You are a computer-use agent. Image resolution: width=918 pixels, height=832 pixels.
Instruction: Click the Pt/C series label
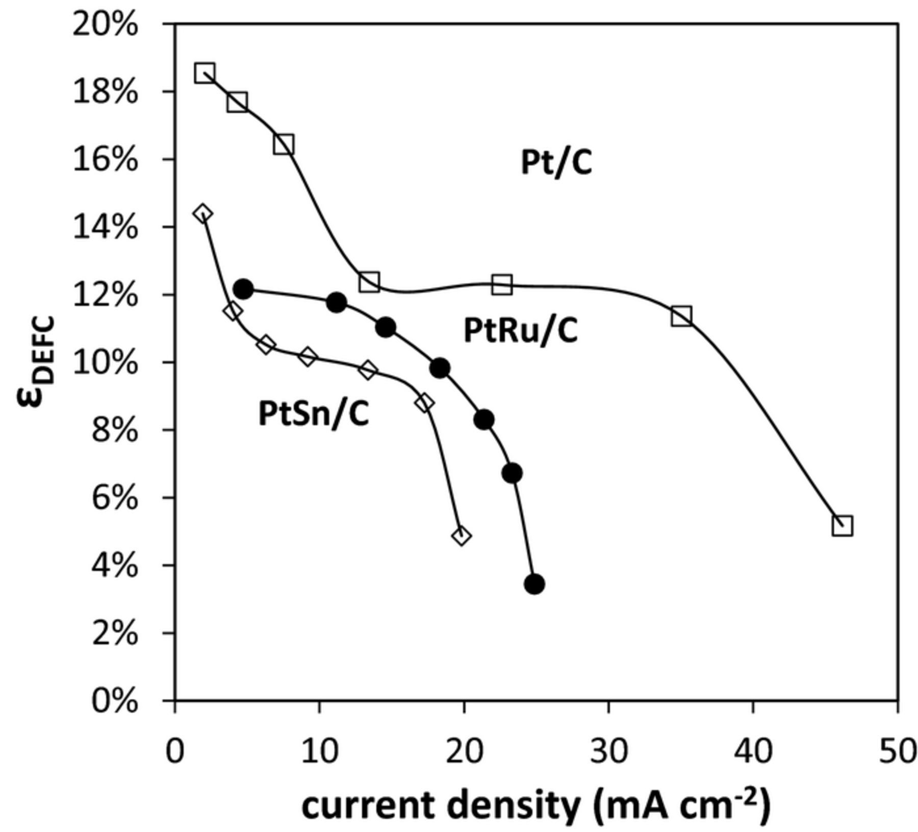556,163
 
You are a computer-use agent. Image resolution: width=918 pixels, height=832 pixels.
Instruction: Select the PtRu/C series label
520,330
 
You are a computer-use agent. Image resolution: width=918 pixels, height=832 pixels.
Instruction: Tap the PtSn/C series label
313,414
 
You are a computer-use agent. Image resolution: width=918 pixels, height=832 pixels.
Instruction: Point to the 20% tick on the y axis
105,24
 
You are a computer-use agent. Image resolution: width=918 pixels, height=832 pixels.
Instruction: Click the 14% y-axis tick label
105,227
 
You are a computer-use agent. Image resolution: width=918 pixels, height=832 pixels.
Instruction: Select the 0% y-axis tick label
115,701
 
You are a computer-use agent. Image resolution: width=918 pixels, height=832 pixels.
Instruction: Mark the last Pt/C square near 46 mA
842,526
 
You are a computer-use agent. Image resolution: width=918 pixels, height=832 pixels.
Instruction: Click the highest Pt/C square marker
205,73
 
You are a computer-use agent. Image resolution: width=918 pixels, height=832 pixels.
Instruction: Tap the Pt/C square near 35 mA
681,315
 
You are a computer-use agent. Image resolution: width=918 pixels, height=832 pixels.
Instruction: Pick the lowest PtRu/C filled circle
534,584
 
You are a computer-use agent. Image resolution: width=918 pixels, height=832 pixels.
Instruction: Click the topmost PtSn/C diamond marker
202,213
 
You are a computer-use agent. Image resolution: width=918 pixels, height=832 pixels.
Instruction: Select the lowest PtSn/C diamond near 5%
462,536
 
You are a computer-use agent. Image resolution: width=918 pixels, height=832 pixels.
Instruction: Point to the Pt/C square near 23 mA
502,284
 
